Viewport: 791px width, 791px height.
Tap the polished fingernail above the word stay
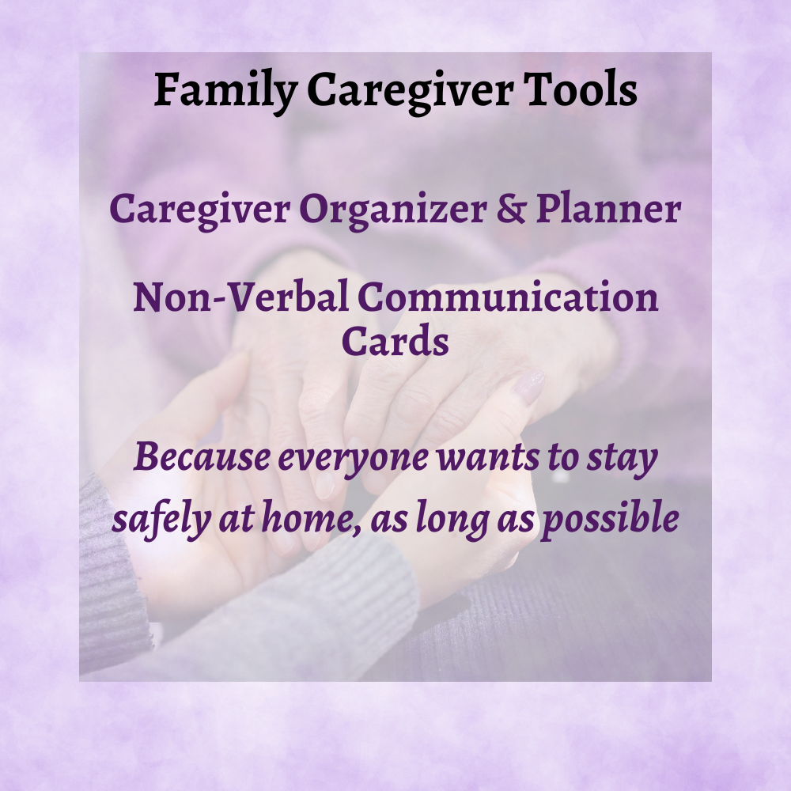528,388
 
